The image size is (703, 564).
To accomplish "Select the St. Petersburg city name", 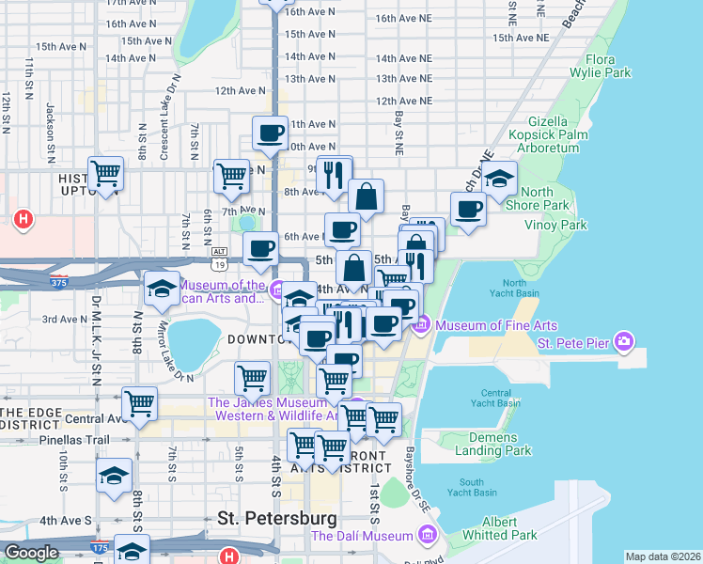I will point(276,518).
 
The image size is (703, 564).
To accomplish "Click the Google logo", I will point(31,553).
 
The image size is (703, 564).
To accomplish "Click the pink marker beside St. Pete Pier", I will point(622,339).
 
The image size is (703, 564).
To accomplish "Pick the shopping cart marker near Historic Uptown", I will point(106,173).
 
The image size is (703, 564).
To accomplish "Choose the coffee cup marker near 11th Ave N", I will point(270,133).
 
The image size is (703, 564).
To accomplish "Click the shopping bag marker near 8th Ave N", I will point(366,196).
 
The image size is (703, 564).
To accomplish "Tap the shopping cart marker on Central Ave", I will point(139,404).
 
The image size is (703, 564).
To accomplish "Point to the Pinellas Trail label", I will point(74,439).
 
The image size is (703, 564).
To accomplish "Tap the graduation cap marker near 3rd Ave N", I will point(163,289).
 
